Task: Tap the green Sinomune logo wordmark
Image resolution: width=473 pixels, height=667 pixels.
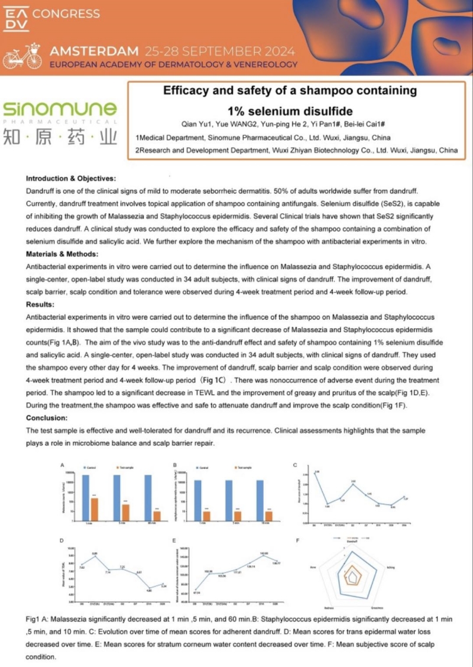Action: pyautogui.click(x=59, y=109)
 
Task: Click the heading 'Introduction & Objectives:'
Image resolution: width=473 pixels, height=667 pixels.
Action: pyautogui.click(x=72, y=178)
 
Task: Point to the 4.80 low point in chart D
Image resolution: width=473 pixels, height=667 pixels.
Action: pyautogui.click(x=150, y=588)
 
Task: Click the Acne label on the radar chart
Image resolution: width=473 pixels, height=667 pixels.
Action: pyautogui.click(x=313, y=566)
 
